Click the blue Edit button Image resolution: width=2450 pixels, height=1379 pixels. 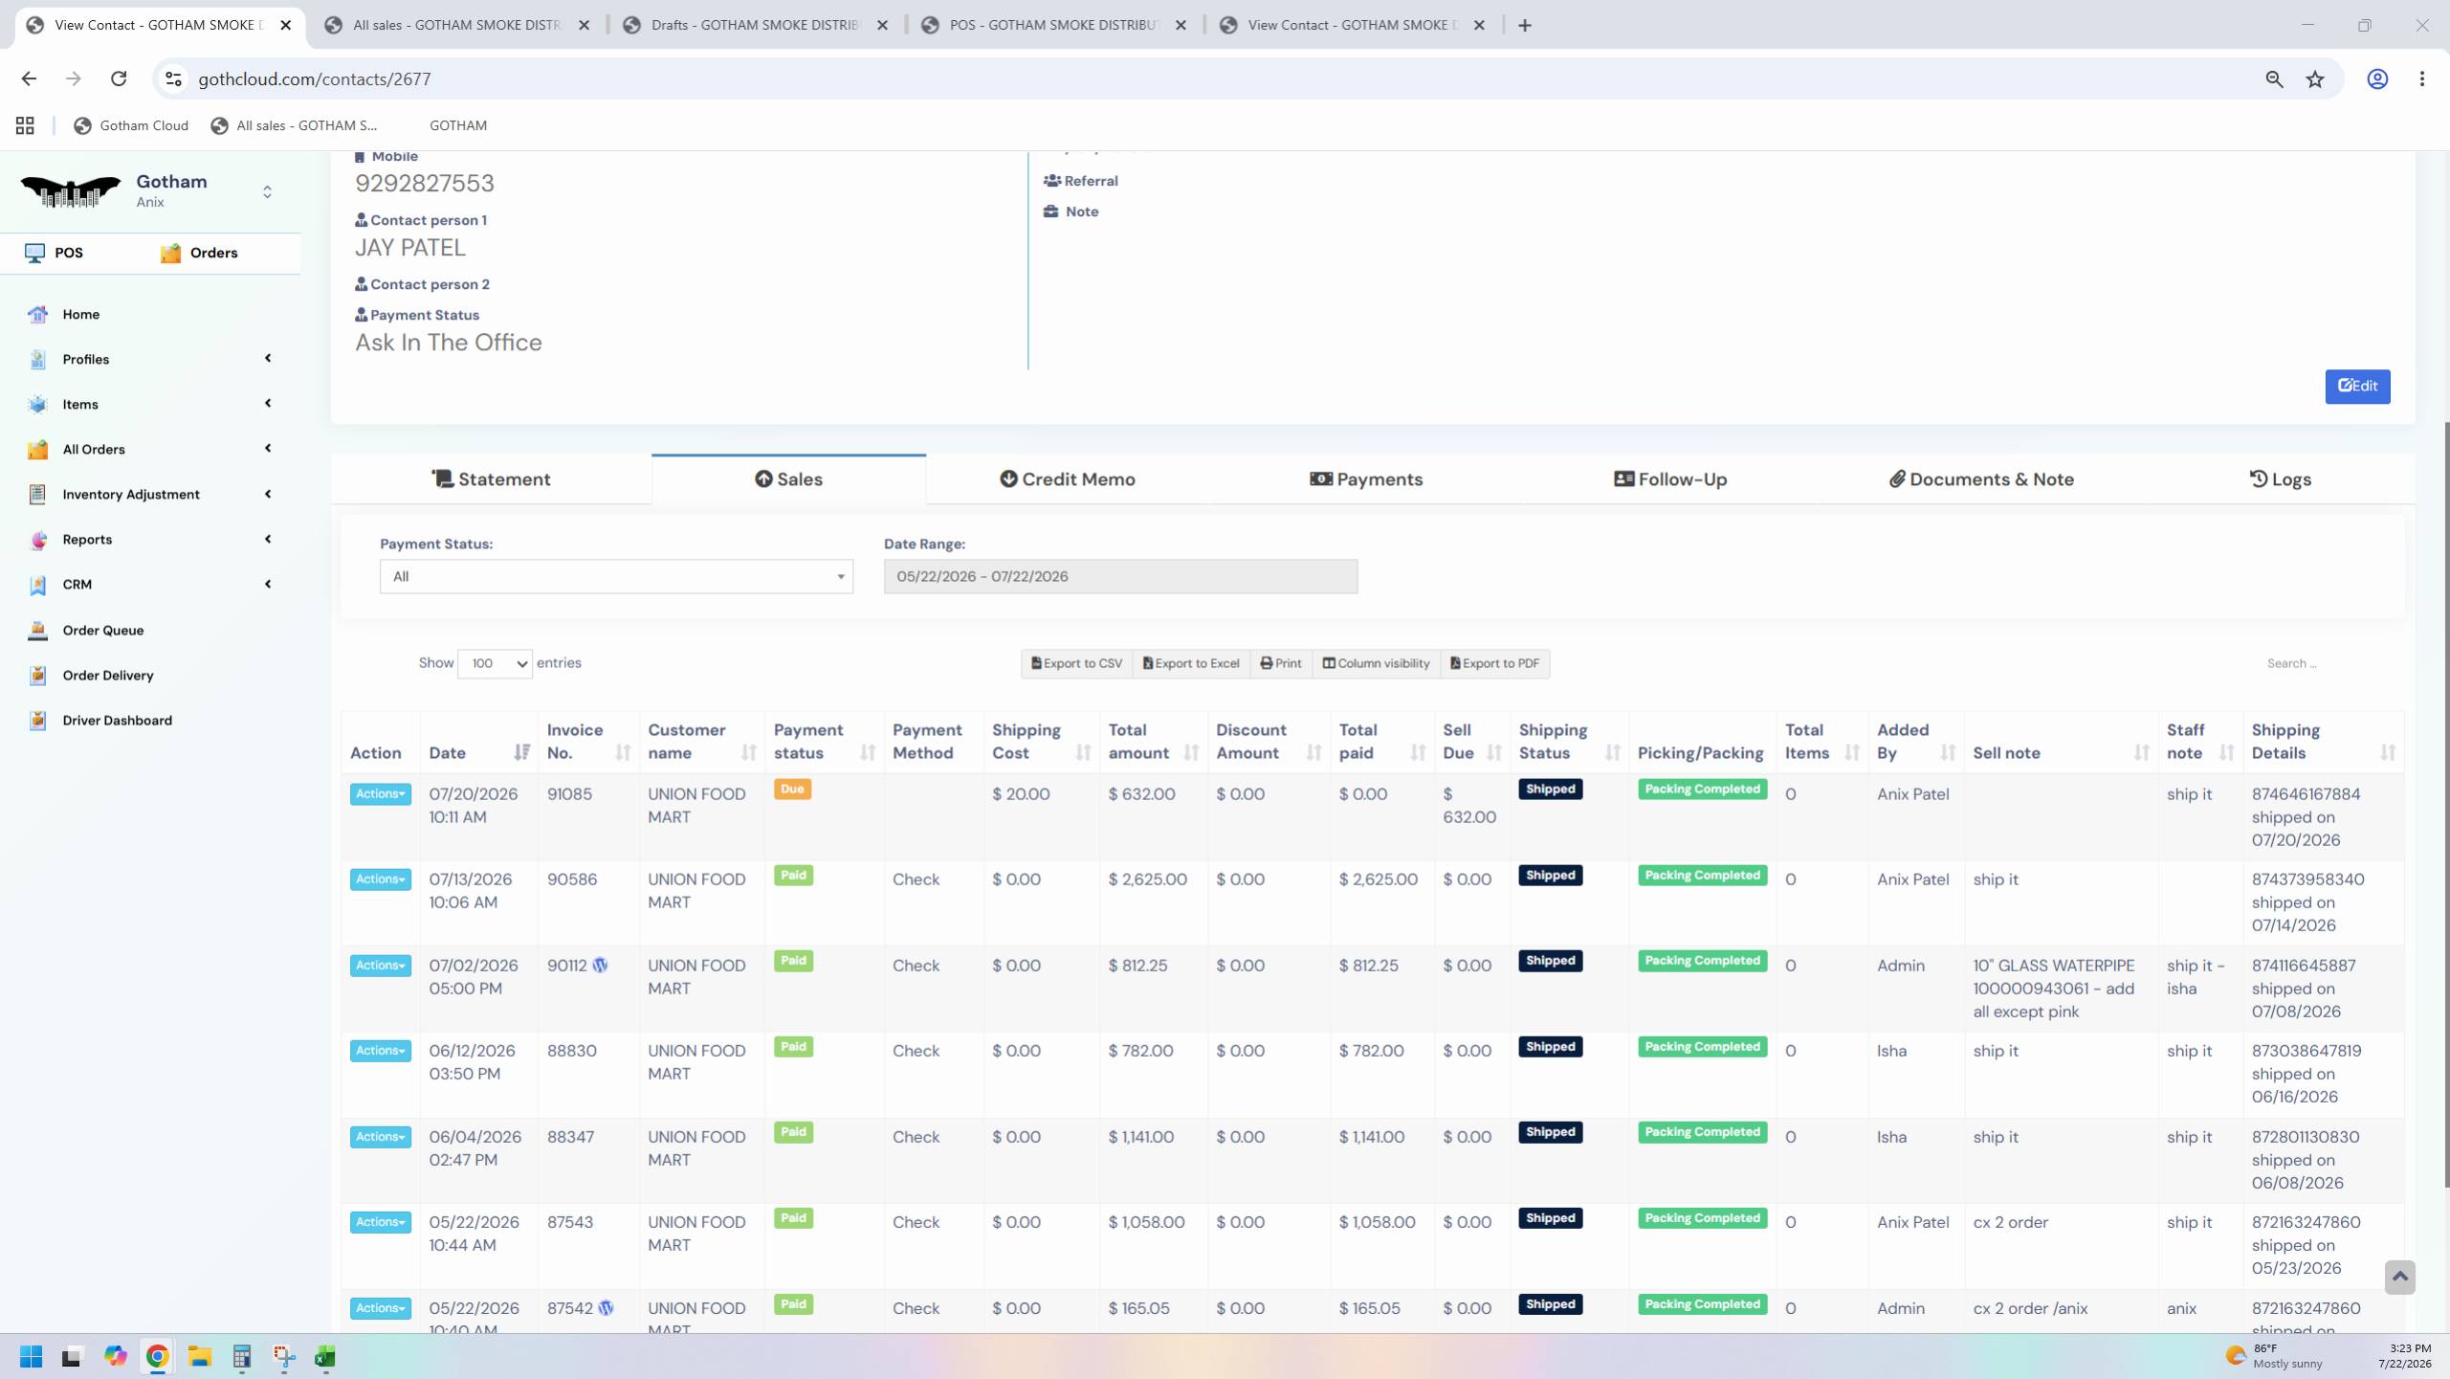pos(2357,386)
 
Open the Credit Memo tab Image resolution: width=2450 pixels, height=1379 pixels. pos(1068,479)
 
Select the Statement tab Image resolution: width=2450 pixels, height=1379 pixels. pos(491,479)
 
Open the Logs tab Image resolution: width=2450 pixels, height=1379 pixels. pos(2280,479)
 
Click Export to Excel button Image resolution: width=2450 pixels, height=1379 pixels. pos(1191,663)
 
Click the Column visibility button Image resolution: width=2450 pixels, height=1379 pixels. pos(1377,663)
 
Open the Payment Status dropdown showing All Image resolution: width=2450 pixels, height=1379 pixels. pos(616,576)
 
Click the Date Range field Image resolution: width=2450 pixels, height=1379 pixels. pos(1120,576)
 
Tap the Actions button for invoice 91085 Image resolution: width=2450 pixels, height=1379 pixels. pos(380,794)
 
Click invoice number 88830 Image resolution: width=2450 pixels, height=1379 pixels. pos(572,1051)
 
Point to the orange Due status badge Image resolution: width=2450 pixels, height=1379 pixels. pos(792,790)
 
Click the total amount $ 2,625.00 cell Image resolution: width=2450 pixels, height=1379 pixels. pos(1148,879)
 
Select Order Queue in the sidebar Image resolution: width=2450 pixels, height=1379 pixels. pos(103,631)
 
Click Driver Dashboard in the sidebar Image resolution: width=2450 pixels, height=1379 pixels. pos(118,721)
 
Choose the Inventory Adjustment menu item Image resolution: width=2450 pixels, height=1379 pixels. pos(131,495)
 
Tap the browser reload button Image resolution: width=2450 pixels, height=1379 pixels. pos(119,78)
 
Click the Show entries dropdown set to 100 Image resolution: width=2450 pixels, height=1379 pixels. pos(495,663)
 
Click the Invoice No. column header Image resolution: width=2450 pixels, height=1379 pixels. pos(575,742)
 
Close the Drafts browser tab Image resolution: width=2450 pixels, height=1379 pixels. pos(883,25)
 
